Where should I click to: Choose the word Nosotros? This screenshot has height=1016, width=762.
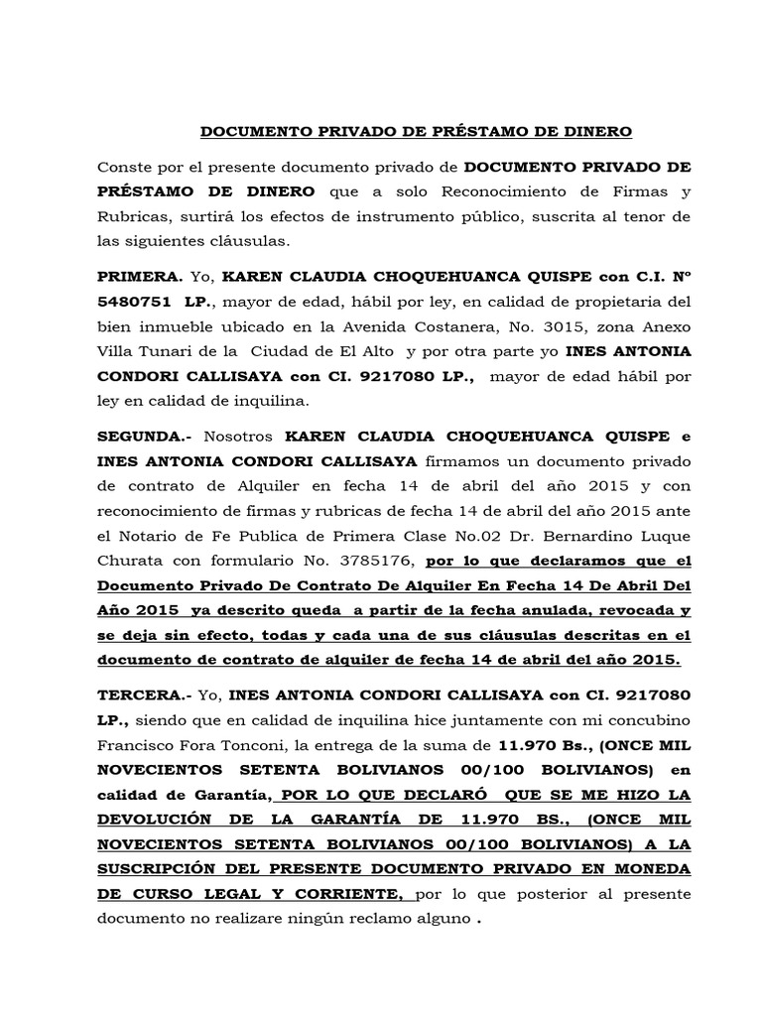coord(242,437)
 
